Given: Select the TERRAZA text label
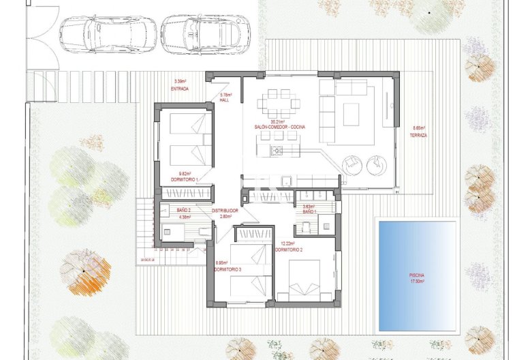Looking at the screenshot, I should click(419, 135).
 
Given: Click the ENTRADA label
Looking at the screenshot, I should click(180, 89).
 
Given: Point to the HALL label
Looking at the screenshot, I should click(224, 100).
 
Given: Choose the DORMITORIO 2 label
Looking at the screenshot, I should click(288, 250).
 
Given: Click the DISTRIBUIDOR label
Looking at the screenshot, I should click(225, 211).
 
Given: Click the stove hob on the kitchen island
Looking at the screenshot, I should click(277, 151).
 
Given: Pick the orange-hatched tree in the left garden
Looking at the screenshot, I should click(87, 271).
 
